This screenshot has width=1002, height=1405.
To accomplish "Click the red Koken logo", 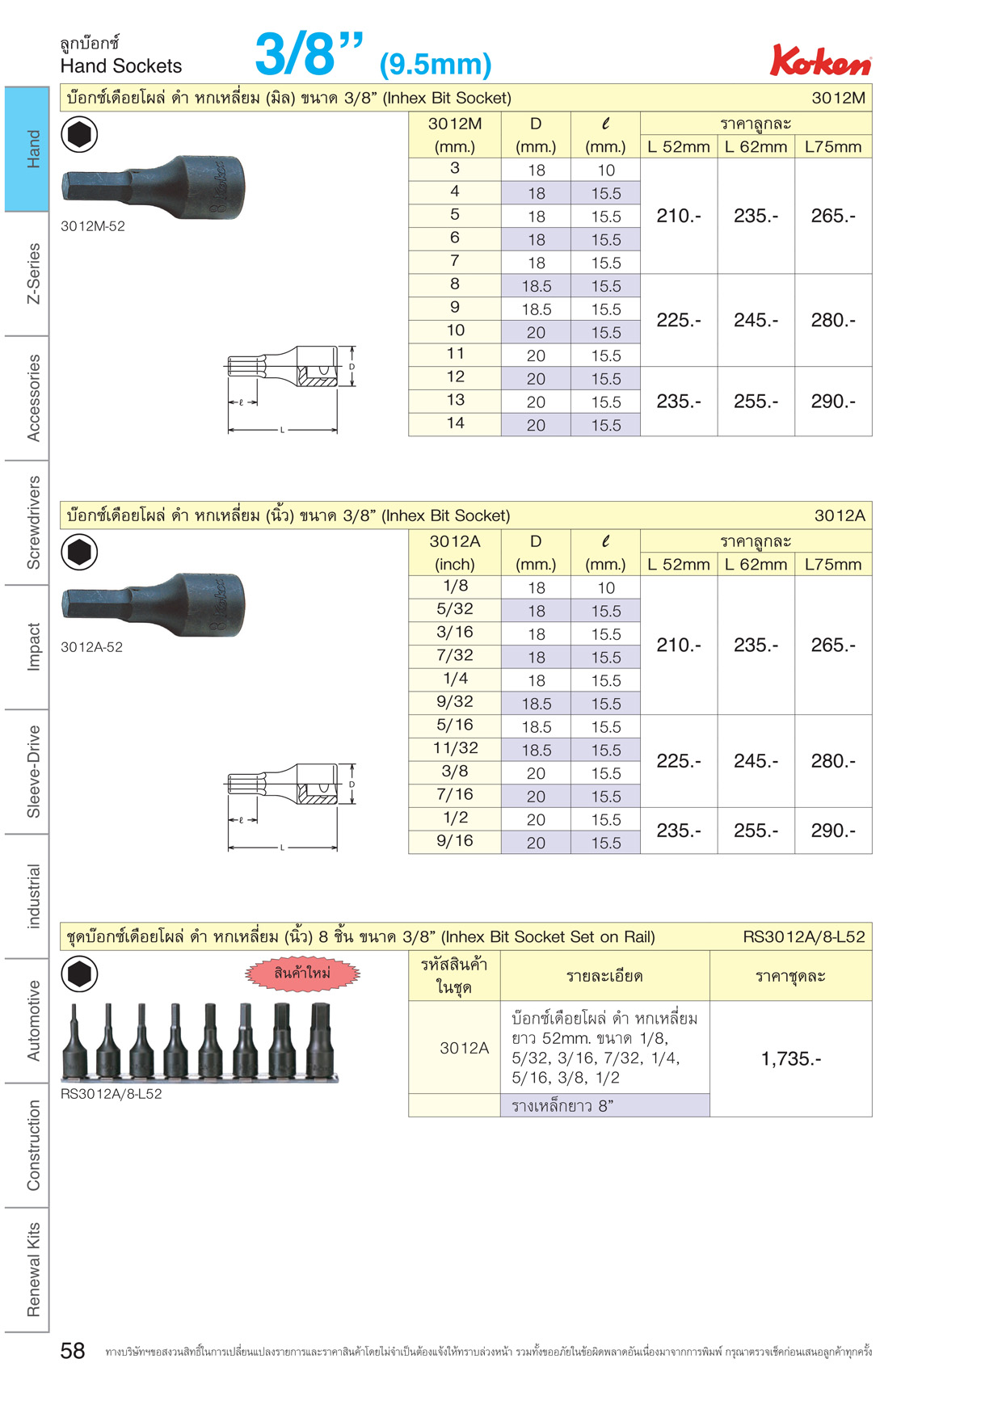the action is coord(820,61).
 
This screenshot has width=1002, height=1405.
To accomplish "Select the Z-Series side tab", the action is coord(33,274).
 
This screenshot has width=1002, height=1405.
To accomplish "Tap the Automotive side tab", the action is coord(33,1020).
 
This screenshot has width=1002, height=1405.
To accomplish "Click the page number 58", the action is coord(73,1351).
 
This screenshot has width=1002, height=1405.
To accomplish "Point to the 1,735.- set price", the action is coord(791,1059).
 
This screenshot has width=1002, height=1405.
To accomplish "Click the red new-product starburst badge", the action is coord(302,974).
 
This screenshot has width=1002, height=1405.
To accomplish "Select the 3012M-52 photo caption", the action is coord(93,226).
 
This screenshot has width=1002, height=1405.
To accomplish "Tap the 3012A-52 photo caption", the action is coord(92,647).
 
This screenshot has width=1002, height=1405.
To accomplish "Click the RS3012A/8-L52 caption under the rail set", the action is coord(112,1094).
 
